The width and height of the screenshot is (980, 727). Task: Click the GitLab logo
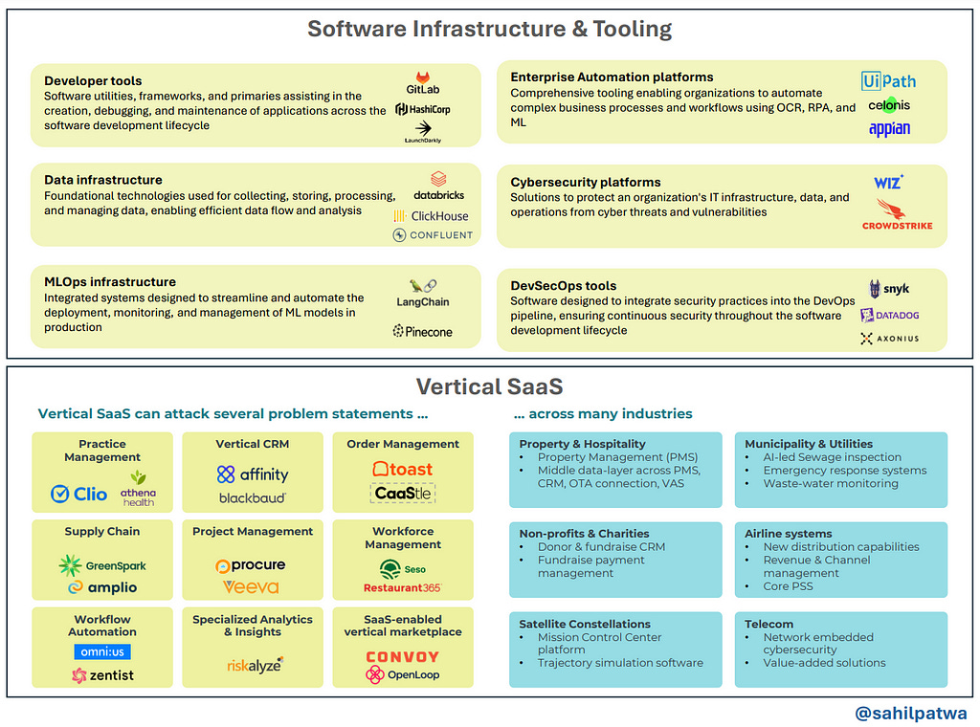pyautogui.click(x=422, y=82)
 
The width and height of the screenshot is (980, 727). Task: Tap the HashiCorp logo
pyautogui.click(x=422, y=109)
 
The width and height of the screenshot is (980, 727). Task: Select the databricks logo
pyautogui.click(x=438, y=186)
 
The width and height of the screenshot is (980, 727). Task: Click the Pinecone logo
pyautogui.click(x=422, y=332)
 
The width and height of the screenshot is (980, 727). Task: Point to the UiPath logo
pyautogui.click(x=888, y=81)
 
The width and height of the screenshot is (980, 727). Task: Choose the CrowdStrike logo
pyautogui.click(x=897, y=215)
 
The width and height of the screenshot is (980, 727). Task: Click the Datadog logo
pyautogui.click(x=889, y=315)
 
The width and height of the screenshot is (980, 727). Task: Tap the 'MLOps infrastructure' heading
pyautogui.click(x=110, y=282)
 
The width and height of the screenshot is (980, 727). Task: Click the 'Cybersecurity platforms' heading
pyautogui.click(x=586, y=182)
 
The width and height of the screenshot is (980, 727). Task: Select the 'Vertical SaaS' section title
pyautogui.click(x=489, y=386)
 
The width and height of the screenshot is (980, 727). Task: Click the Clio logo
pyautogui.click(x=78, y=494)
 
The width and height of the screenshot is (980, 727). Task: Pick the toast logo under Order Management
pyautogui.click(x=402, y=469)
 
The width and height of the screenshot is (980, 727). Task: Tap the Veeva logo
pyautogui.click(x=252, y=587)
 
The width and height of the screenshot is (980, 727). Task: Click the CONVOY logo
pyautogui.click(x=402, y=657)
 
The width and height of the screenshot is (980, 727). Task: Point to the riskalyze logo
pyautogui.click(x=255, y=665)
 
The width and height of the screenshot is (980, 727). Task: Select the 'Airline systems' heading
pyautogui.click(x=788, y=534)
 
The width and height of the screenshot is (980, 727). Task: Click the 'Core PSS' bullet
pyautogui.click(x=788, y=586)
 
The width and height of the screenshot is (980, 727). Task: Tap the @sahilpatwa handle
pyautogui.click(x=910, y=713)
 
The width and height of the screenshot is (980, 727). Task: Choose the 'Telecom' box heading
pyautogui.click(x=769, y=624)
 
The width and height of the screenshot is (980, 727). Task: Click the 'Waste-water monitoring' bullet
pyautogui.click(x=831, y=484)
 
